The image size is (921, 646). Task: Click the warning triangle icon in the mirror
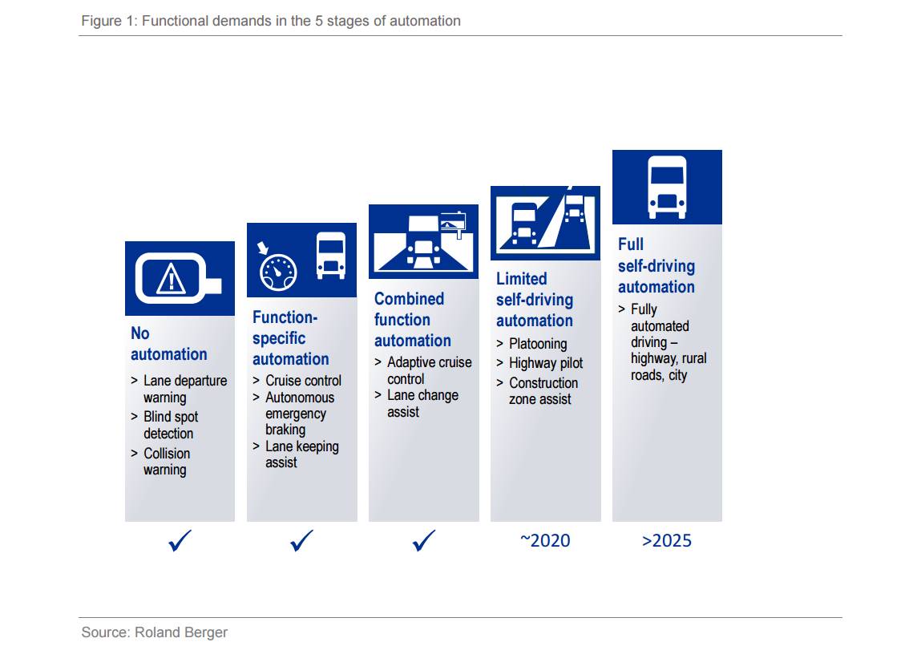(x=171, y=278)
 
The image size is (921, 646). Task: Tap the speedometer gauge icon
(x=278, y=272)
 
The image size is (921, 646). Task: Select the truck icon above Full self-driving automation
(x=667, y=187)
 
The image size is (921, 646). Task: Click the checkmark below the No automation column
(x=180, y=540)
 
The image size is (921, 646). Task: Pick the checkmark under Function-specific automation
(x=301, y=540)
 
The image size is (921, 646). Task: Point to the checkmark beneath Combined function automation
(x=423, y=540)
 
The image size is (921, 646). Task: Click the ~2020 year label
(x=545, y=540)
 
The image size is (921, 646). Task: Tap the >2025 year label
(x=667, y=540)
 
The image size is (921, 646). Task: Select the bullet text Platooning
(x=538, y=344)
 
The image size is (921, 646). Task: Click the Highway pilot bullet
(x=546, y=363)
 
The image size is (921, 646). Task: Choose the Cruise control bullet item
(x=303, y=381)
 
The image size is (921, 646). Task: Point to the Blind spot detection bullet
(x=171, y=425)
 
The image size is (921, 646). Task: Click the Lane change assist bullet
(x=423, y=403)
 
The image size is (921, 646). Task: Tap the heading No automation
(x=168, y=344)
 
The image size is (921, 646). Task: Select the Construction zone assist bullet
(x=543, y=390)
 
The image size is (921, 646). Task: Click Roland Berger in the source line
(x=181, y=632)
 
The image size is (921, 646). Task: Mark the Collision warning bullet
(x=167, y=462)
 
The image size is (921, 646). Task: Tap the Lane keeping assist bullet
(x=302, y=454)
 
